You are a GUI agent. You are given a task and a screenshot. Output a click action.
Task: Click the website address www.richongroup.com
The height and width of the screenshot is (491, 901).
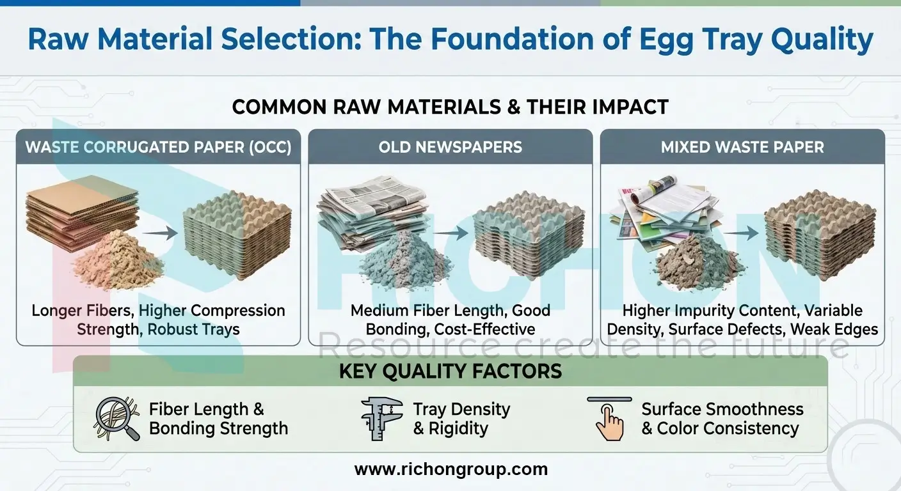coord(450,469)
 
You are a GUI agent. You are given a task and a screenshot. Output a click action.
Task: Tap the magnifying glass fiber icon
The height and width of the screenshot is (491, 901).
coord(116,419)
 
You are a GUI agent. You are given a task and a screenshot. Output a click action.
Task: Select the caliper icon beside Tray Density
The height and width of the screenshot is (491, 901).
coord(381,419)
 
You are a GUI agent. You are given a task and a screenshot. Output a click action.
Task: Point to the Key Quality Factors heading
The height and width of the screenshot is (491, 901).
coord(450,371)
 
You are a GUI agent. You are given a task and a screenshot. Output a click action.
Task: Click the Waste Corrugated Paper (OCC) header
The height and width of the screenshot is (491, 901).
coord(158,147)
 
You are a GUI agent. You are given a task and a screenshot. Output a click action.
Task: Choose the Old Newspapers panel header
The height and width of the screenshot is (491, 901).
coord(450,147)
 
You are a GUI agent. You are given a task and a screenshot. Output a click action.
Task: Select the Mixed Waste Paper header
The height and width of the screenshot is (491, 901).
coord(742,147)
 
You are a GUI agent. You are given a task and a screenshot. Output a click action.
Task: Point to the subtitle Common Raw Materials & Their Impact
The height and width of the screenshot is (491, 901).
coord(450,106)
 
